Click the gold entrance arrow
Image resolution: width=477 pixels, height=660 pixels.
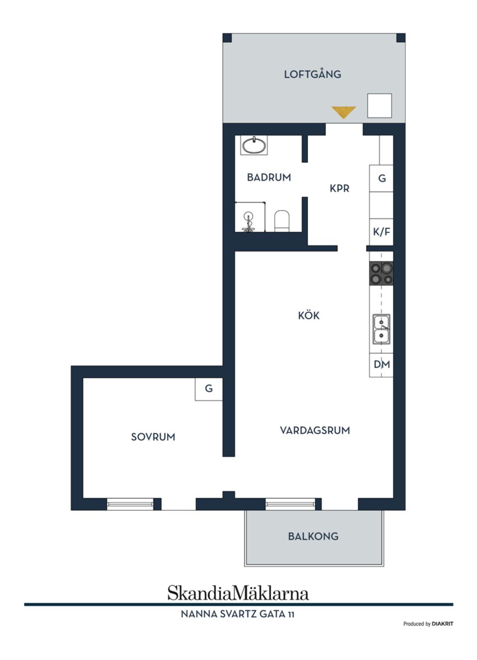tap(343, 112)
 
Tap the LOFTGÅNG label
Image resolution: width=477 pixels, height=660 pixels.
tap(313, 75)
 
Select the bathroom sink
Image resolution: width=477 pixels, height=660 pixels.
tap(253, 145)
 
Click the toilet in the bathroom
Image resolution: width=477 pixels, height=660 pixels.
tap(282, 221)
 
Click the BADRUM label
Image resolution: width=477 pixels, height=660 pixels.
tap(269, 178)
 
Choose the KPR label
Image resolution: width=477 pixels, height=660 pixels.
tap(339, 189)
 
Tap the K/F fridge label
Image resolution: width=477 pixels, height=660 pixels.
tap(381, 232)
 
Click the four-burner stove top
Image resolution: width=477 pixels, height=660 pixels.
tap(381, 274)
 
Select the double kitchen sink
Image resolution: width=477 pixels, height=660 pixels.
tap(381, 329)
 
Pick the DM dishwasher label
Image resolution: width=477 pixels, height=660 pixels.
tap(382, 365)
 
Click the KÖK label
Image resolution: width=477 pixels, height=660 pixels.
tap(309, 315)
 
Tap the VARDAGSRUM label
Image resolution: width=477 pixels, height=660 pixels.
tap(315, 431)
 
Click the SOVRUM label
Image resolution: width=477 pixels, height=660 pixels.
tap(153, 437)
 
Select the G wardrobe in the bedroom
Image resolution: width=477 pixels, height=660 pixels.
tap(209, 389)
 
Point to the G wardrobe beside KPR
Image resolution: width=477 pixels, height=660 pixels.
tap(382, 178)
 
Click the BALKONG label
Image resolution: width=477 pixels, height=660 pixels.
tap(313, 536)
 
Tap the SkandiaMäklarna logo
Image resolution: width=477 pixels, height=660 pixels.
tap(238, 593)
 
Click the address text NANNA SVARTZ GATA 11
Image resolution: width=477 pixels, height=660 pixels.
tap(238, 614)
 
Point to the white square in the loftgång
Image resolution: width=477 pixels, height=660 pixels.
tap(380, 105)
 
